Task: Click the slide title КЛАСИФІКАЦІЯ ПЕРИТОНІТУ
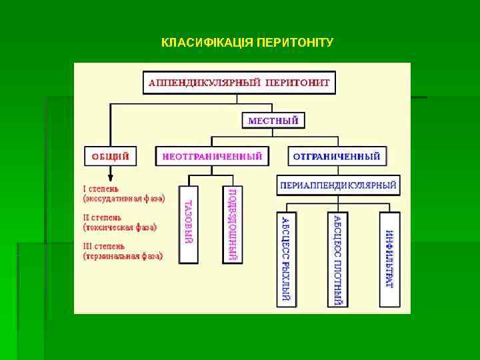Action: click(247, 43)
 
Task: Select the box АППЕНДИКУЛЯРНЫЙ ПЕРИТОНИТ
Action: click(240, 83)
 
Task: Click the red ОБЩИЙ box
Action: click(109, 157)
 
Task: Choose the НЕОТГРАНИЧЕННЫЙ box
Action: click(212, 157)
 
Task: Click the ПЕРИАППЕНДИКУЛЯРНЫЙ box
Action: click(338, 185)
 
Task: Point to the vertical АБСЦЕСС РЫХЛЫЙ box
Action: click(286, 259)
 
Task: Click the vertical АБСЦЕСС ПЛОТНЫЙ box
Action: click(337, 259)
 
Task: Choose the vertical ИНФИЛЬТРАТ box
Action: click(389, 259)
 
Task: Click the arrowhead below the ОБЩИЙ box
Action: click(110, 177)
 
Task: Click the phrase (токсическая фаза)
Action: click(120, 227)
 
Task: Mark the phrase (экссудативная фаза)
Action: click(124, 198)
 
